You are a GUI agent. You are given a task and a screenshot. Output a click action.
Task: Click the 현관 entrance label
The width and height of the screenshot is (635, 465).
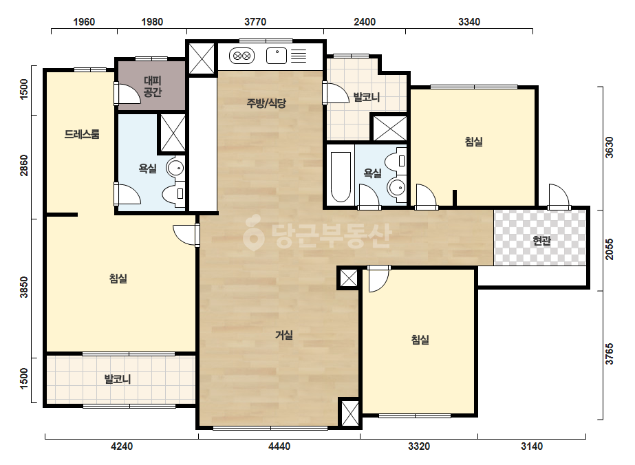coord(542,241)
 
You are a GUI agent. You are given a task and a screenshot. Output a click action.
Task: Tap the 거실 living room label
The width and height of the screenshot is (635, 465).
coord(284,335)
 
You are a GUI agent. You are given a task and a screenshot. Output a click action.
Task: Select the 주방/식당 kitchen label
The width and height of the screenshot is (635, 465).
coord(266,103)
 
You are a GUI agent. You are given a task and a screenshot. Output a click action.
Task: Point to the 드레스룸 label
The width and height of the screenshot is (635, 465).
coord(82,134)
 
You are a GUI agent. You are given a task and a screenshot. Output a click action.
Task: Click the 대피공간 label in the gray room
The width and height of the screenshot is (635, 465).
coord(152,86)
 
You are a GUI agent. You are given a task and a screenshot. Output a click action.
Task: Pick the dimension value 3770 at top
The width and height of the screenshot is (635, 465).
coord(255,21)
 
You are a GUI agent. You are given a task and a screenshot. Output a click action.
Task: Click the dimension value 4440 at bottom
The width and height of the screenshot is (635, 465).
coord(279,446)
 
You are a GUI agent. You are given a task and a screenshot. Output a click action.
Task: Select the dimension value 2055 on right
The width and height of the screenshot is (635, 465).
coord(609,249)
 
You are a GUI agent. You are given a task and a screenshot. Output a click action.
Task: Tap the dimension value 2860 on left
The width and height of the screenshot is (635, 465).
coord(24,165)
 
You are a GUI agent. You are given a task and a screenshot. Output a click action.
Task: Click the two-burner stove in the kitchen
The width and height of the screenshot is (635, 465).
coord(241,56)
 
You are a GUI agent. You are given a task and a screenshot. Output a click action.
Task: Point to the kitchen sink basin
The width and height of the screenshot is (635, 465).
coord(277,56)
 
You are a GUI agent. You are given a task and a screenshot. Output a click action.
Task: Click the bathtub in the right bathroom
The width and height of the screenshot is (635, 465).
coord(341,177)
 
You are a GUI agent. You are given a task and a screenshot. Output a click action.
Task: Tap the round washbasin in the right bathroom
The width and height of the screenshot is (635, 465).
coord(396,187)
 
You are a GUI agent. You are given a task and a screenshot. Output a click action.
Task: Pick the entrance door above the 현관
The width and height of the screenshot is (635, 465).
coord(559,197)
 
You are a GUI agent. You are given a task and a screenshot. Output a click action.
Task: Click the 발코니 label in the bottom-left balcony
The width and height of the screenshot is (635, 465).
coord(118,380)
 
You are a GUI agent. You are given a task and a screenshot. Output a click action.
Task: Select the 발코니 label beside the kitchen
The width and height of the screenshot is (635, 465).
coord(367,97)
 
